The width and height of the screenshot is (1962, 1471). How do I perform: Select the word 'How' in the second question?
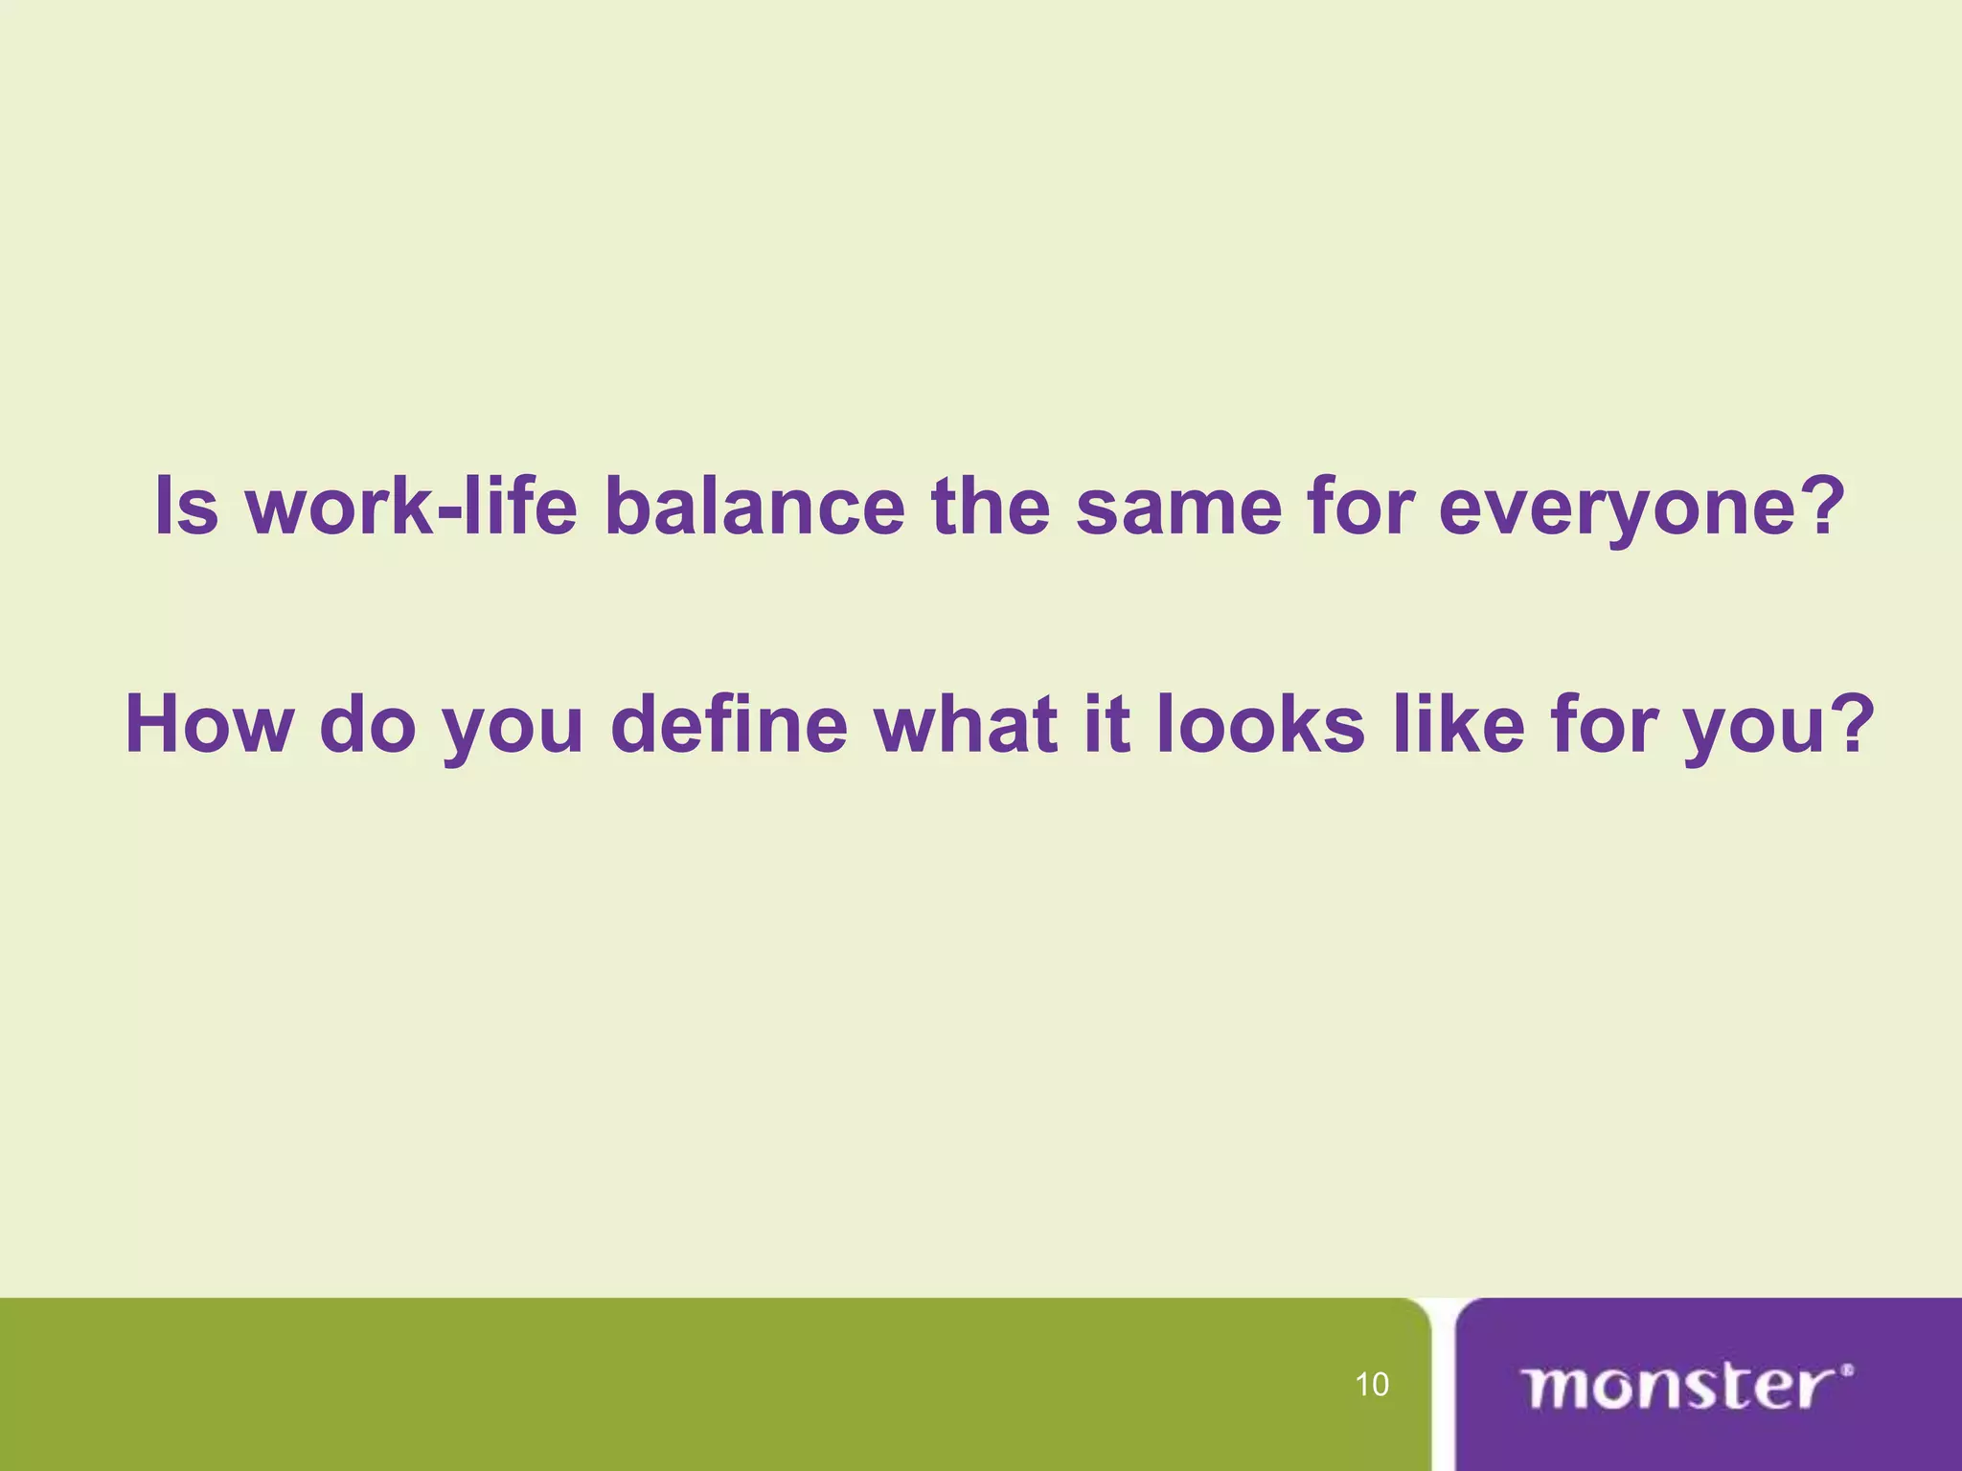click(209, 724)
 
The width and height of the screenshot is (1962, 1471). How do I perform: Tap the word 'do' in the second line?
click(368, 724)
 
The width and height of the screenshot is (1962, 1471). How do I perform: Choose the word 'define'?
click(729, 724)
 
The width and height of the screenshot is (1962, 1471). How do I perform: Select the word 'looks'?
click(1261, 724)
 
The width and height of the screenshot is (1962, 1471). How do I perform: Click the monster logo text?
click(1677, 1387)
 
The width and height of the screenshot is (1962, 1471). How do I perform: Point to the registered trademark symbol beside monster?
click(1847, 1370)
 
